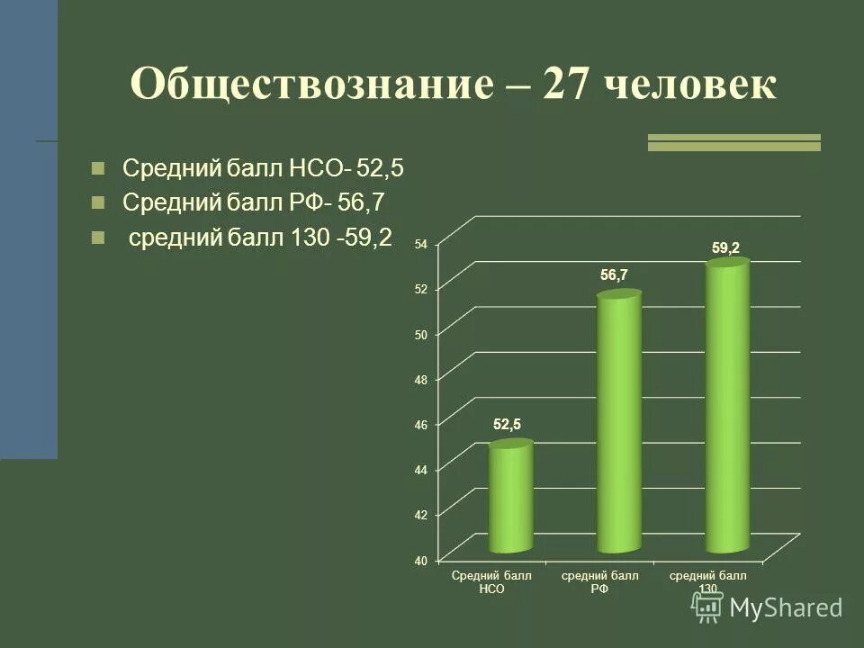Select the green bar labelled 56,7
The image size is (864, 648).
coord(619,423)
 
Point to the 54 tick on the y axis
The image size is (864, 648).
coord(421,243)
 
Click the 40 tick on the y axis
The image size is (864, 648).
coord(421,560)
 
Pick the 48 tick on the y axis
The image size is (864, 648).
coord(421,379)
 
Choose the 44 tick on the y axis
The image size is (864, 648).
coord(421,469)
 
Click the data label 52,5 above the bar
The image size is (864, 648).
coord(507,424)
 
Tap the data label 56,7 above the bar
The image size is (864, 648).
coord(615,276)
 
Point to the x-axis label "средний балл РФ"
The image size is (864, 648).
coord(600,582)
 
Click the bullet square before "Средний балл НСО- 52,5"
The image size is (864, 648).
coord(98,167)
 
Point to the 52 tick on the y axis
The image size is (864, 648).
coord(421,288)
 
